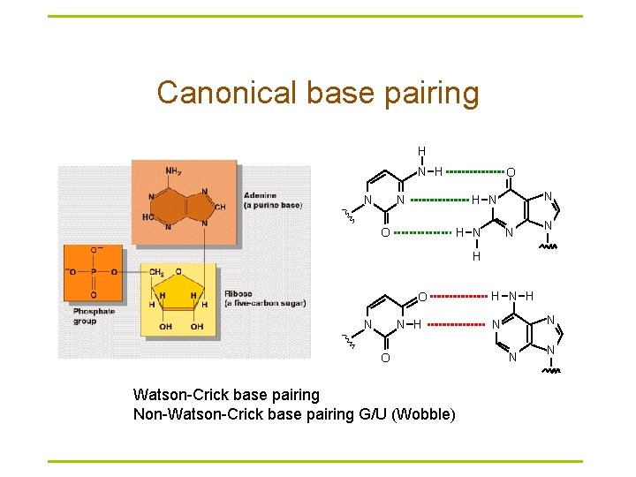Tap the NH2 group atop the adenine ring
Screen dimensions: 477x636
[x=174, y=170]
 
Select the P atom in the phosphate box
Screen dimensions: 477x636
[x=94, y=272]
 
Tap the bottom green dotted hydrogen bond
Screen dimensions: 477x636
[x=421, y=233]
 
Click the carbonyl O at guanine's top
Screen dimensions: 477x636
[x=511, y=171]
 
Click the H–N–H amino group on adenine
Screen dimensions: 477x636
[x=511, y=295]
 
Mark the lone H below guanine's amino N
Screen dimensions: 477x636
[x=475, y=257]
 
